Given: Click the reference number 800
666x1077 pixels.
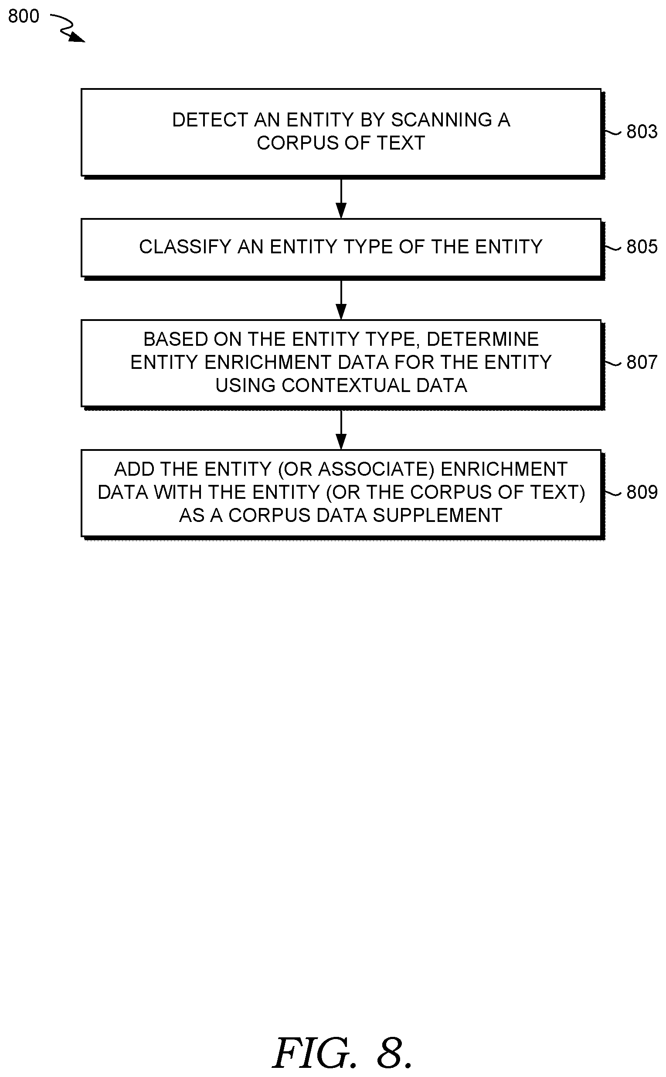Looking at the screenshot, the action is click(x=24, y=16).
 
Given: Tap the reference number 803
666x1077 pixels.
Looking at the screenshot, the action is click(x=642, y=132).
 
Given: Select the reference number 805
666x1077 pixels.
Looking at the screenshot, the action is click(x=642, y=247).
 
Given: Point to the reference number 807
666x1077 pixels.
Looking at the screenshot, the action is click(x=642, y=362).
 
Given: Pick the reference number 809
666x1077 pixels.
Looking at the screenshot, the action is click(x=642, y=492).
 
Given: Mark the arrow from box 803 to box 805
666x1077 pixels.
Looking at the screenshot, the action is click(x=341, y=198).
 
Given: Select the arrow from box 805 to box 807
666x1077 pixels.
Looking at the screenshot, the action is click(x=341, y=299).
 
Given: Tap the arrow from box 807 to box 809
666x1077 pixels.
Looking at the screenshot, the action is click(x=341, y=429).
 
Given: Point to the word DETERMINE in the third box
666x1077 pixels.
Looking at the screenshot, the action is click(x=483, y=339).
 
